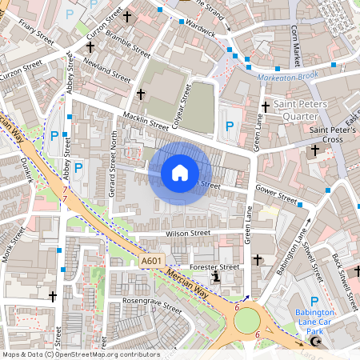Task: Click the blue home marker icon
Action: [x=180, y=173]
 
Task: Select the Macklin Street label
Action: [x=145, y=121]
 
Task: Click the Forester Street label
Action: [x=214, y=267]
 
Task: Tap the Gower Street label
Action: [x=276, y=194]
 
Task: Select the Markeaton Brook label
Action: [x=287, y=77]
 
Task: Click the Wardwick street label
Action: [x=201, y=30]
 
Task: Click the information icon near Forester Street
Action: [x=215, y=278]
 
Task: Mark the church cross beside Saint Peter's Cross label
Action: [x=314, y=150]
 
